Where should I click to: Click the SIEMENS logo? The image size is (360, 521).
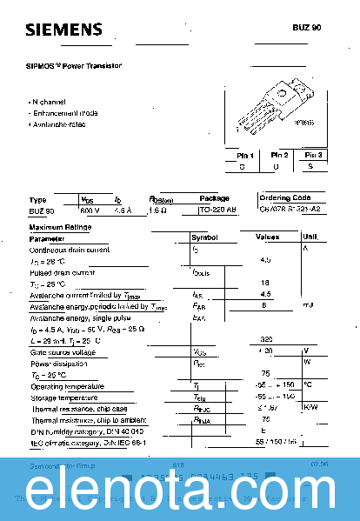pyautogui.click(x=63, y=31)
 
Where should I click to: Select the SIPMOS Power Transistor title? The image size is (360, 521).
pyautogui.click(x=73, y=65)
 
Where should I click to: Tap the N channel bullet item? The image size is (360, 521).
pyautogui.click(x=52, y=102)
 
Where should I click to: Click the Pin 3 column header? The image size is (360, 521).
pyautogui.click(x=314, y=155)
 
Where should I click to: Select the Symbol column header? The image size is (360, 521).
pyautogui.click(x=205, y=237)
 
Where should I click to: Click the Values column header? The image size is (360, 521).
pyautogui.click(x=267, y=237)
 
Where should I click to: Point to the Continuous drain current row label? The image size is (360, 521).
pyautogui.click(x=70, y=249)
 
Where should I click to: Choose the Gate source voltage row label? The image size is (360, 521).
pyautogui.click(x=63, y=351)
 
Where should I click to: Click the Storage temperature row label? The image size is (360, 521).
pyautogui.click(x=64, y=397)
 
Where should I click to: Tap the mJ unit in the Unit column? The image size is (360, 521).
pyautogui.click(x=308, y=305)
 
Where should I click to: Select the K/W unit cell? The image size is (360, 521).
pyautogui.click(x=310, y=408)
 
